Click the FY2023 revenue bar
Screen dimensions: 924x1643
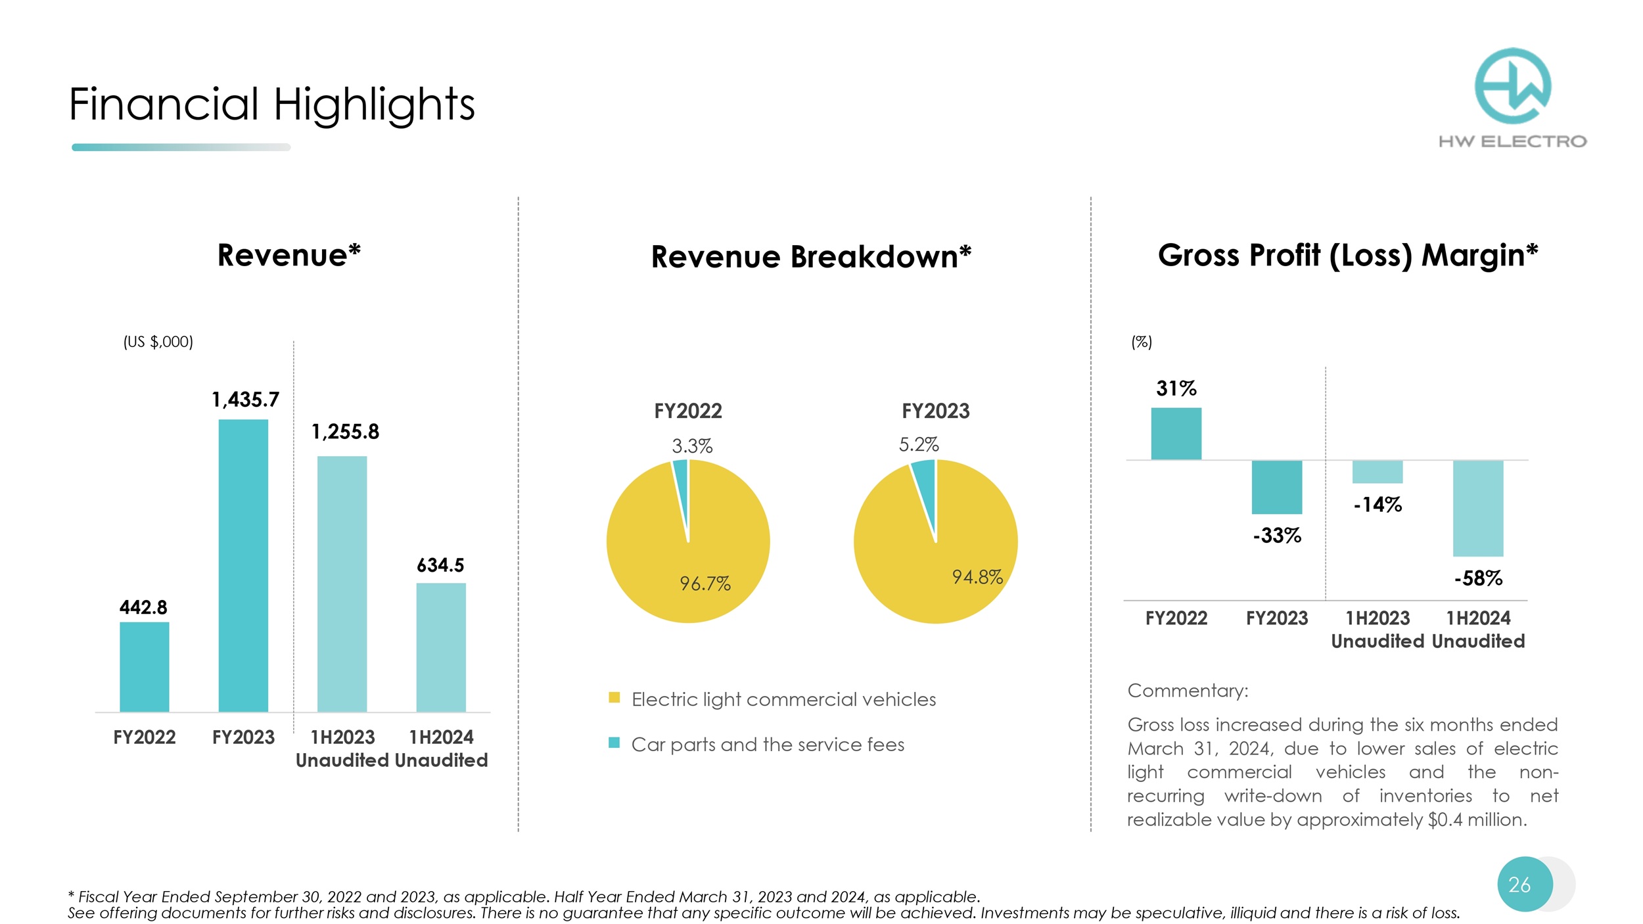tap(243, 565)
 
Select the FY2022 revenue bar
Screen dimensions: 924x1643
tap(144, 666)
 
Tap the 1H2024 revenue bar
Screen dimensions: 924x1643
tap(441, 647)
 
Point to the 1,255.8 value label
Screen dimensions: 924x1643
tap(345, 432)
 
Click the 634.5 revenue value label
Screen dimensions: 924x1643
tap(440, 565)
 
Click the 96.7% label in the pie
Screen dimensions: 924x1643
tap(705, 584)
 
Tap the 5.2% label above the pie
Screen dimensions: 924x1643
tap(919, 445)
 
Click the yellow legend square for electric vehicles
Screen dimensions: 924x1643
tap(614, 698)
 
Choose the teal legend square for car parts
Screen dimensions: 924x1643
tap(614, 743)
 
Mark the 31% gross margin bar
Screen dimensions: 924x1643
tap(1176, 434)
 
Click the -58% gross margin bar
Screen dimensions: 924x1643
tap(1478, 508)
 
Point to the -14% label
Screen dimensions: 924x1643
tap(1377, 505)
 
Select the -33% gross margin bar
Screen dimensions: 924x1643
tap(1276, 487)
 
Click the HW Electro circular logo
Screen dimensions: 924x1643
tap(1513, 86)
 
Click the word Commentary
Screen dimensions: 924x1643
tap(1188, 691)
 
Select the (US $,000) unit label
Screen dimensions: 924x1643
tap(158, 342)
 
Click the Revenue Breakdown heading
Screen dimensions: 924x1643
tap(811, 256)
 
